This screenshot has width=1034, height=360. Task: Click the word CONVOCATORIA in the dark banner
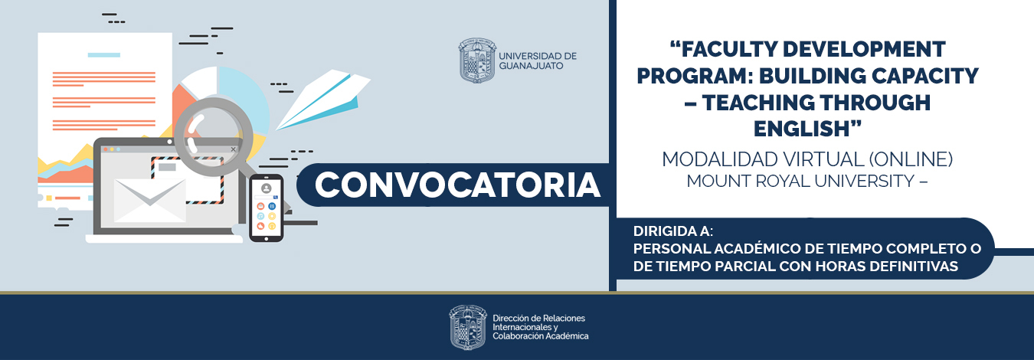pyautogui.click(x=457, y=185)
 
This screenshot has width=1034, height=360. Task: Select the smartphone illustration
pyautogui.click(x=267, y=208)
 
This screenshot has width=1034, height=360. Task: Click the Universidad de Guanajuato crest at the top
pyautogui.click(x=476, y=61)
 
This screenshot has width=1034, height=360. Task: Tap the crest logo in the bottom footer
pyautogui.click(x=468, y=327)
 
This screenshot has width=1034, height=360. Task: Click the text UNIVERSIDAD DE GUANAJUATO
pyautogui.click(x=537, y=61)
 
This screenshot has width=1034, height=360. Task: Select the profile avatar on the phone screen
pyautogui.click(x=267, y=188)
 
